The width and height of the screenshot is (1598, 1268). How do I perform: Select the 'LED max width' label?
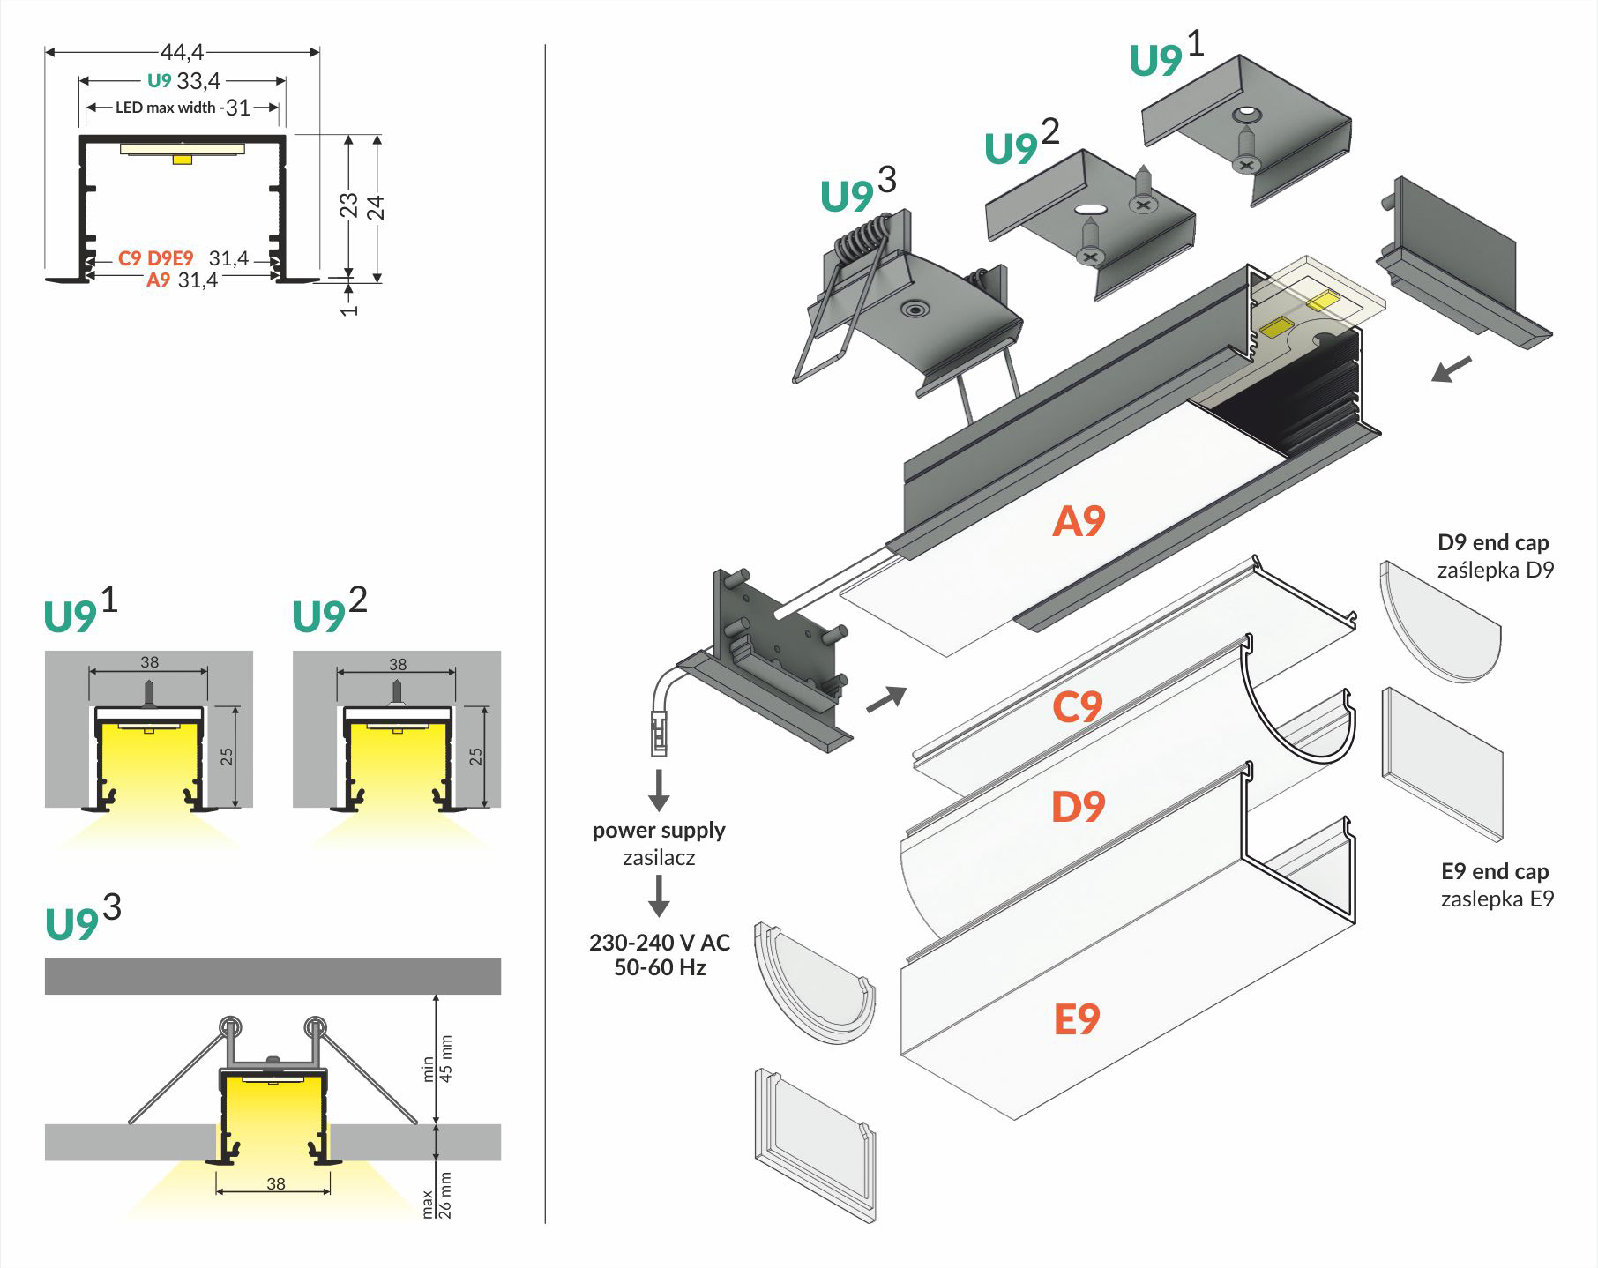(165, 108)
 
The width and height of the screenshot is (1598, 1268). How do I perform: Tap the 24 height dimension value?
(377, 207)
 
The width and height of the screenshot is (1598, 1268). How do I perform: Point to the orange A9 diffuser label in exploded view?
(1078, 521)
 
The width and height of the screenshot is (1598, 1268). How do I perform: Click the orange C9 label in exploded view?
(1077, 707)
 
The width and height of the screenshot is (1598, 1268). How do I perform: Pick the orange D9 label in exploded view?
(1078, 807)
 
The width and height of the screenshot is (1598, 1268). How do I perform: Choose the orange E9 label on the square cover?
(1077, 1019)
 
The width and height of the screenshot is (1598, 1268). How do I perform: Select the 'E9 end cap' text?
(1494, 872)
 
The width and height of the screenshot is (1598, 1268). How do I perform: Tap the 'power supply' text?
(659, 831)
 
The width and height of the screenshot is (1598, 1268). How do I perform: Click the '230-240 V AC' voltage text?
(660, 943)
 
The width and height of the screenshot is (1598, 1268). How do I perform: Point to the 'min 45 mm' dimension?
(437, 1058)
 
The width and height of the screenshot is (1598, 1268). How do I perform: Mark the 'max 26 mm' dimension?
(437, 1195)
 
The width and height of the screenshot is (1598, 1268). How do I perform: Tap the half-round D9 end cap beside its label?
(1437, 622)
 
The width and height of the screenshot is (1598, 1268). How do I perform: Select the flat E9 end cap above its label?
(1441, 763)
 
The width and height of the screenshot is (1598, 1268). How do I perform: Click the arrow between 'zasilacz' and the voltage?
(659, 896)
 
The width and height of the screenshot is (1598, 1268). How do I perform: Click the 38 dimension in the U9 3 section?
(276, 1183)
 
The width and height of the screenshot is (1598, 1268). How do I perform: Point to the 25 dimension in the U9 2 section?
(476, 756)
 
